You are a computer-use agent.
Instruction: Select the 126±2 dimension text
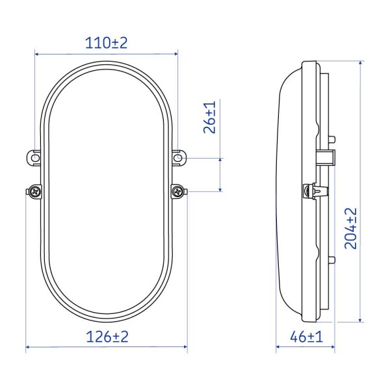point(106,337)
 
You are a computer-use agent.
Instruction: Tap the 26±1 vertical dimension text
point(210,118)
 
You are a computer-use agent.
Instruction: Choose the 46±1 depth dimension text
point(305,337)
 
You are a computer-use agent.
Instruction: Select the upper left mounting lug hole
point(34,156)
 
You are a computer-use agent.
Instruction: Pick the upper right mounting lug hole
point(178,156)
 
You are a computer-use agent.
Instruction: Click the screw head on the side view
point(309,191)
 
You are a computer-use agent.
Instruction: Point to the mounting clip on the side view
point(328,157)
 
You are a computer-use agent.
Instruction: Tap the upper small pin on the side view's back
point(333,138)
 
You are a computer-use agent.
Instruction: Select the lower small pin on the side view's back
point(333,260)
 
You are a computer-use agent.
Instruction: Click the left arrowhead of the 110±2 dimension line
point(38,55)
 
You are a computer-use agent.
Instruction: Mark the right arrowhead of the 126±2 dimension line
point(185,348)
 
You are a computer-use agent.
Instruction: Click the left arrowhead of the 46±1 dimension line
point(279,348)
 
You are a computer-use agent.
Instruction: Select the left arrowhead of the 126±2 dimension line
point(29,348)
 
